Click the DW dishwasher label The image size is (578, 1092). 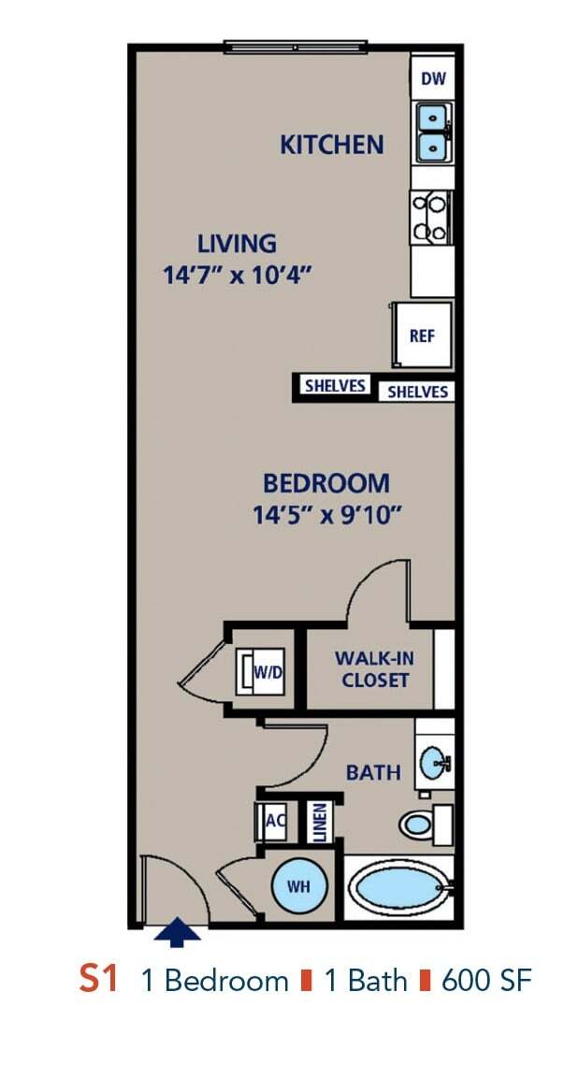432,79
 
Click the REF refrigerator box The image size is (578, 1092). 422,335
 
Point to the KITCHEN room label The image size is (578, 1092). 332,145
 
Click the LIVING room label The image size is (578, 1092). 237,244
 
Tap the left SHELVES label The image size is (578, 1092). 334,386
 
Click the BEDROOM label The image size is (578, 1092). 325,484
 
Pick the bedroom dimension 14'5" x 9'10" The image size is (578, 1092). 326,515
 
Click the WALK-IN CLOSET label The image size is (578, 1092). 374,668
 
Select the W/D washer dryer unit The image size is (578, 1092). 261,671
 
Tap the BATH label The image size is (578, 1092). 373,772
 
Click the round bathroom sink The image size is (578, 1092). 434,763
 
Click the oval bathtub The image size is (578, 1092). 397,887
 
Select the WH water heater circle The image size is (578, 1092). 298,886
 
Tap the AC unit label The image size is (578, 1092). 275,821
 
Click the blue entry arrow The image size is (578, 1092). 177,933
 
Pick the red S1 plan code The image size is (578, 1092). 98,980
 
